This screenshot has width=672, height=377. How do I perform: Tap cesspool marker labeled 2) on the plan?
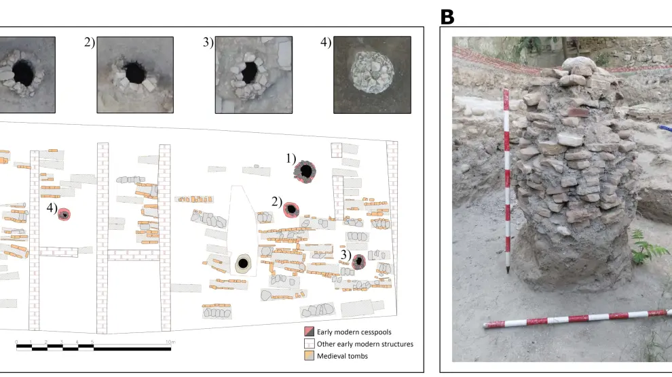point(292,210)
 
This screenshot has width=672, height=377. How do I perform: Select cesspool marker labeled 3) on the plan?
point(359,261)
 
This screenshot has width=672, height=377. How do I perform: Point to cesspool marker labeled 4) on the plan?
point(64,214)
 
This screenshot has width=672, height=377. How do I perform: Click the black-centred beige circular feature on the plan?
point(242,264)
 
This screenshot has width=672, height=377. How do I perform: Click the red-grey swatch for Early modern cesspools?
point(309,332)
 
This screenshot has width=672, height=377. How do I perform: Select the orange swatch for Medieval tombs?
point(309,356)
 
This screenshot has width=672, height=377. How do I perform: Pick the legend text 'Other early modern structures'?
point(365,344)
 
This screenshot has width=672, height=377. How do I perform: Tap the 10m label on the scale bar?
point(171,341)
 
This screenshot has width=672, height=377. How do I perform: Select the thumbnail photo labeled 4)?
point(372,75)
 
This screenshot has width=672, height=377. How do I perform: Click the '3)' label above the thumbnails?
point(208,43)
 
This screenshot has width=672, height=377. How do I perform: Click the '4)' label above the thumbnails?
point(326,43)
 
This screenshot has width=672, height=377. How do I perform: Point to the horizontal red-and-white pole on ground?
point(577,319)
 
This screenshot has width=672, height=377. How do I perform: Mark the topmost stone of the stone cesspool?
point(580,66)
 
